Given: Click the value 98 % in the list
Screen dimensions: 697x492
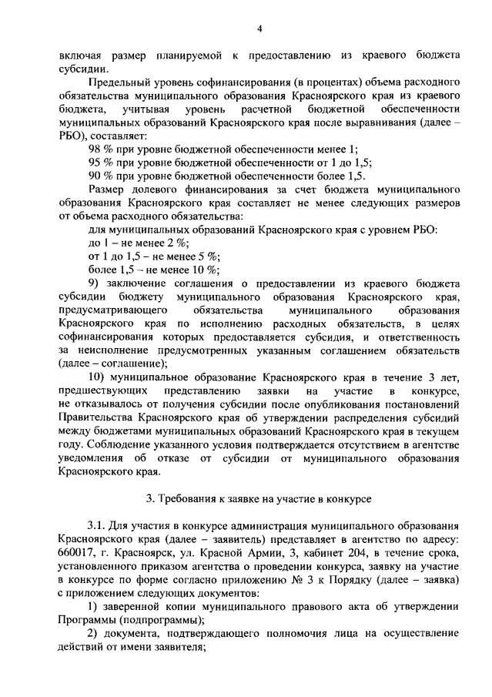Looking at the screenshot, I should coord(100,149).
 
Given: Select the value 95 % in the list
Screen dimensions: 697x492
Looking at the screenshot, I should coord(100,163).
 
